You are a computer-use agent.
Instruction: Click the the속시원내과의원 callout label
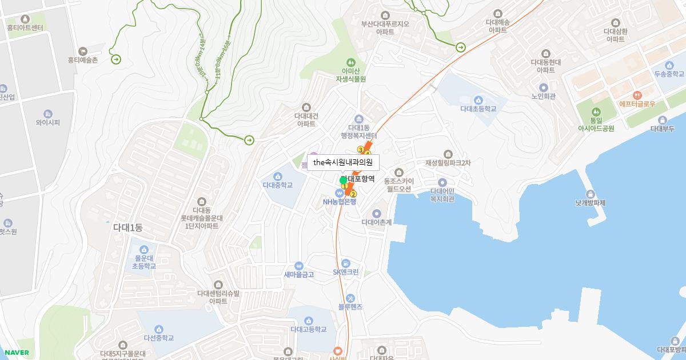pos(343,162)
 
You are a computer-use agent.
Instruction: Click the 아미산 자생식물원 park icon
pos(350,62)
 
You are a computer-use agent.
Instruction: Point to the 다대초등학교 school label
pos(478,109)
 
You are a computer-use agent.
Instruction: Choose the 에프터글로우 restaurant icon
pos(637,95)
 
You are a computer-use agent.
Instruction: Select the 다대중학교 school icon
pos(278,175)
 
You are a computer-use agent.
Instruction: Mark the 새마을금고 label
pos(299,274)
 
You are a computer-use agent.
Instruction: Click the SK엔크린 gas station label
pos(346,272)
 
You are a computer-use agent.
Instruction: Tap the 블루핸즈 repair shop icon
pos(350,297)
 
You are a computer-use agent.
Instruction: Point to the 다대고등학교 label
pos(309,329)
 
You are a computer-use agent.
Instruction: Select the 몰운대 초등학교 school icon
pos(144,250)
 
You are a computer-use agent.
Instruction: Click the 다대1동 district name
pos(128,227)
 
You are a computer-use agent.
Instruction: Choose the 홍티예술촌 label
pos(83,59)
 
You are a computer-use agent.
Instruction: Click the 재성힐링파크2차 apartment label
pos(448,163)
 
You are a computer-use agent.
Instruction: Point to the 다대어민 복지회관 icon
pos(442,182)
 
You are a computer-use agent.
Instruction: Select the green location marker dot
pos(343,181)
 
